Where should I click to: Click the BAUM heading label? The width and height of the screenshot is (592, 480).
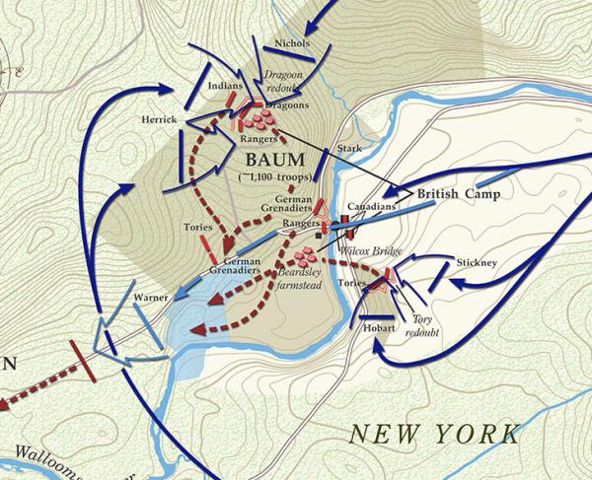tap(270, 158)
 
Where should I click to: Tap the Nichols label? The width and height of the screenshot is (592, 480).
tap(291, 44)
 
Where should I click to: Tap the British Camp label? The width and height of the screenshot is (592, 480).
tap(458, 194)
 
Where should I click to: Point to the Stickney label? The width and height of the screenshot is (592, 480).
tap(477, 263)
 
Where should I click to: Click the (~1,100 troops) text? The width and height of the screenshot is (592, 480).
tap(275, 176)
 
